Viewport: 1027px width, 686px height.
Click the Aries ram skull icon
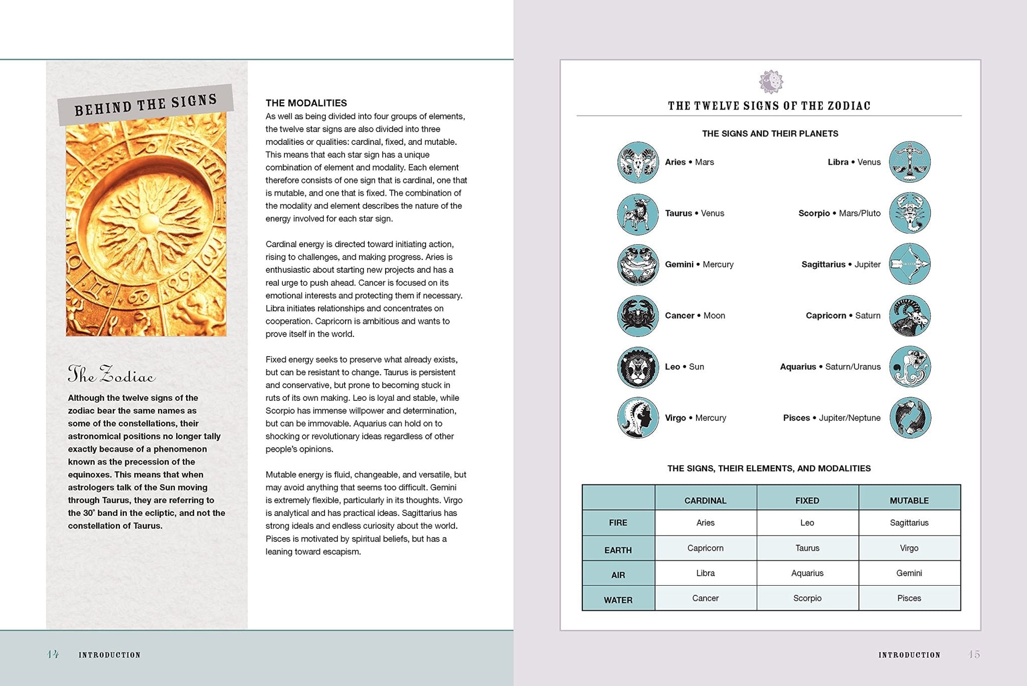637,162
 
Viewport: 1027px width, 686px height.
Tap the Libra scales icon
910,162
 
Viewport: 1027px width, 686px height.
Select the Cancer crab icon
637,316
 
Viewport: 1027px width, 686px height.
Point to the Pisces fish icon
910,418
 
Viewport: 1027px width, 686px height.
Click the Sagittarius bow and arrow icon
910,264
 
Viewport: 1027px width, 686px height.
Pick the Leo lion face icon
637,367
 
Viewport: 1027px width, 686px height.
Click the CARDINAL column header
705,500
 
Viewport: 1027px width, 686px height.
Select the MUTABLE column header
909,500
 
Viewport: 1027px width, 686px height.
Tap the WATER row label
618,600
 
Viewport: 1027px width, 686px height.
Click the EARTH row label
618,550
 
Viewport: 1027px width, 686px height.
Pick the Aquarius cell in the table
807,573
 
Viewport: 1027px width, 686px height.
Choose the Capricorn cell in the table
705,548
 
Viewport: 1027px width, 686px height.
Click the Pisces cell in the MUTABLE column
909,598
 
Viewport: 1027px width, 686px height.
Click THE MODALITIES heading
306,103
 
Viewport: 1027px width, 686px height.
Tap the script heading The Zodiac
111,375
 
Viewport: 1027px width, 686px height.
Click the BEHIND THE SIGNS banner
145,104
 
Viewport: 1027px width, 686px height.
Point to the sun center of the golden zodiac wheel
148,223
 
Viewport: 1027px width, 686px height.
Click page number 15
974,654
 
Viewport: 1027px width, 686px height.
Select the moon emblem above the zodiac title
771,82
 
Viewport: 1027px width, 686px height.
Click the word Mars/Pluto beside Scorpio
860,213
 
